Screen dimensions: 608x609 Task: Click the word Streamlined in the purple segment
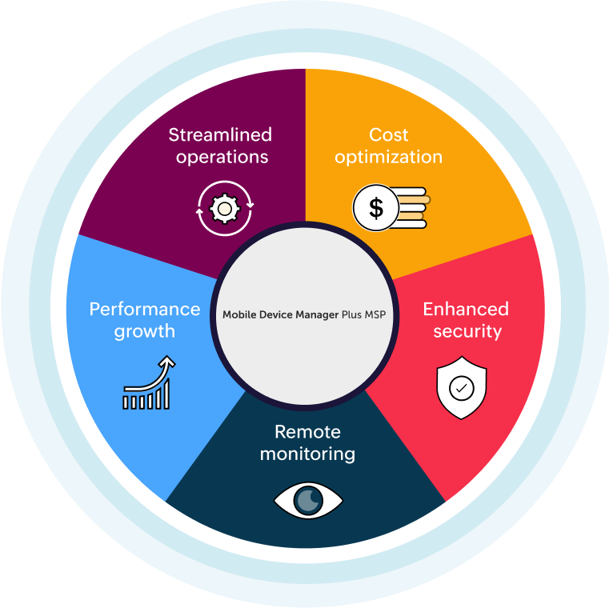[220, 134]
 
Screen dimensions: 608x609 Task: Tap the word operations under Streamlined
[222, 156]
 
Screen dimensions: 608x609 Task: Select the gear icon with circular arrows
[225, 209]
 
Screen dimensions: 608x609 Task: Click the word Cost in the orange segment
[389, 134]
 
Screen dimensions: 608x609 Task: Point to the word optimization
[389, 156]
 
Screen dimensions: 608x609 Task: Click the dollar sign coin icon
[375, 209]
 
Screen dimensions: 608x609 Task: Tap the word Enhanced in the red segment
[466, 309]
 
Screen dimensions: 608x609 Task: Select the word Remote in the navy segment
[307, 432]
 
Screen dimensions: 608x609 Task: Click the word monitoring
[307, 454]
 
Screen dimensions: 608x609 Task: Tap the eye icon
[308, 501]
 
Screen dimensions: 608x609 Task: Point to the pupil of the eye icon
[308, 501]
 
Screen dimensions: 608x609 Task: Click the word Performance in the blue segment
[145, 309]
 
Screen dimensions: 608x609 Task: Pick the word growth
[144, 330]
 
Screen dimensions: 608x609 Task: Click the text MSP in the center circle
[374, 314]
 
